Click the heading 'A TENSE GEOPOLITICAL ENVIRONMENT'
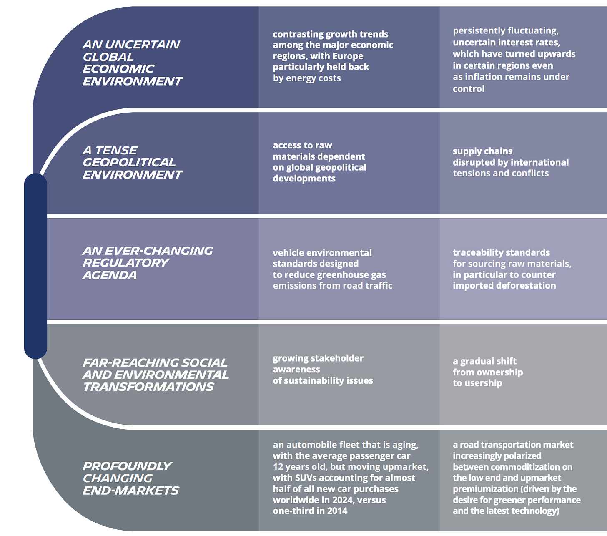point(132,162)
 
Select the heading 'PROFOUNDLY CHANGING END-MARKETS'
point(130,478)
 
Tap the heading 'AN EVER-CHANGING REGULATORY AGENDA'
point(147,263)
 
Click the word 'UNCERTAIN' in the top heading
point(142,45)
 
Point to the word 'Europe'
point(348,56)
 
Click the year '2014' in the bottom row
point(337,511)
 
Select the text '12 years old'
point(298,467)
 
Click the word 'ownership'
point(499,372)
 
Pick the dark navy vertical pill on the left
point(35,266)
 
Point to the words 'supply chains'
point(482,151)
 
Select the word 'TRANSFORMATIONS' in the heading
point(148,387)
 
